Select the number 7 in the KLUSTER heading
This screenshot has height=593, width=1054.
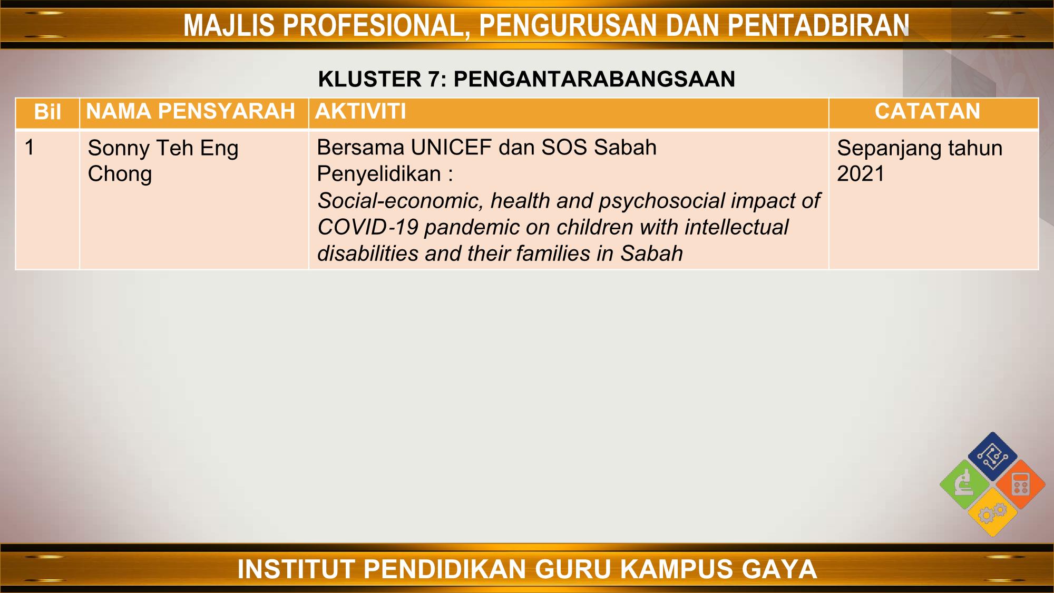point(432,79)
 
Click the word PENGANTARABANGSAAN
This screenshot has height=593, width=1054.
point(594,79)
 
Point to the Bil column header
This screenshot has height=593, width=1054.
point(47,112)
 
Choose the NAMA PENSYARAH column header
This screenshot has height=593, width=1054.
point(190,111)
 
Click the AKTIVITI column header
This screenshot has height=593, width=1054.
point(360,111)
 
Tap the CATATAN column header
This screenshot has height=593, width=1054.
point(928,111)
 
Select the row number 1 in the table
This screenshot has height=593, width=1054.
point(30,148)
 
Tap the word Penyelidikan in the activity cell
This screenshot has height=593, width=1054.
point(378,174)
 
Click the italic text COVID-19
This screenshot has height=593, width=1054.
point(368,227)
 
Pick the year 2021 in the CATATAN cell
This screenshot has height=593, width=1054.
point(860,174)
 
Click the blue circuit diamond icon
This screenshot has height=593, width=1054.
point(993,456)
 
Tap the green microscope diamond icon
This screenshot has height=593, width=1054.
point(965,484)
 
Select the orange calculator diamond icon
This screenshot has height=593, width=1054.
point(1021,484)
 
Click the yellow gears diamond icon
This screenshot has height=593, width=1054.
point(993,512)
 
